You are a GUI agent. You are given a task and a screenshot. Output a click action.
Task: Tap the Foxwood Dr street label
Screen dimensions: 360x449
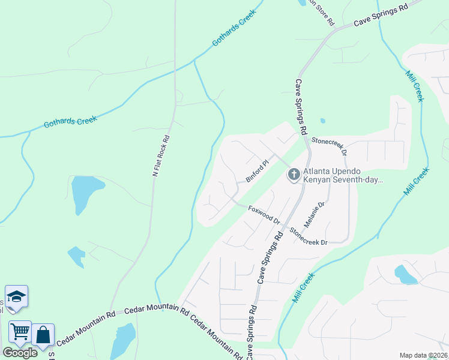click(264, 214)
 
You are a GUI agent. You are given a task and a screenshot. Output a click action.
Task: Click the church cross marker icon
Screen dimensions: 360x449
click(294, 175)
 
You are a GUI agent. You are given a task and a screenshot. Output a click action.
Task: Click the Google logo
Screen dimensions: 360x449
click(20, 352)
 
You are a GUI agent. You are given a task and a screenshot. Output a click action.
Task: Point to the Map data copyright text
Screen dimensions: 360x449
click(423, 355)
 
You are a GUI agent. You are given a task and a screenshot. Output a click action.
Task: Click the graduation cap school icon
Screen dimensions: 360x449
click(16, 296)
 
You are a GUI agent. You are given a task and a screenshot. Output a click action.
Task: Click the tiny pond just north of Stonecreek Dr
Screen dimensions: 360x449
click(322, 121)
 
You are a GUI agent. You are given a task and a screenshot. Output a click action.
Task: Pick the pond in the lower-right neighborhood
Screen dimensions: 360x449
click(406, 274)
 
